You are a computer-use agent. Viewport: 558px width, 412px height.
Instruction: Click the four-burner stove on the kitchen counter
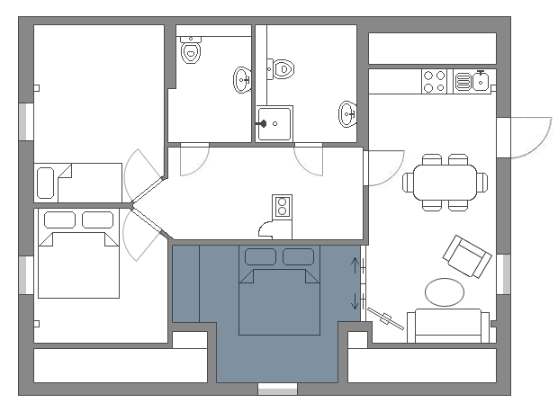[435, 82]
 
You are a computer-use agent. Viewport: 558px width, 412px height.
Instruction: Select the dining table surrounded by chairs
[445, 183]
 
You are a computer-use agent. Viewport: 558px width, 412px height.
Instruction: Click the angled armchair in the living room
[465, 256]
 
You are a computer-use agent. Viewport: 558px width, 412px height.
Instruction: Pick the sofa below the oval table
[447, 325]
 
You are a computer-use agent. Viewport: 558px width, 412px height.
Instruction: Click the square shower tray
[274, 123]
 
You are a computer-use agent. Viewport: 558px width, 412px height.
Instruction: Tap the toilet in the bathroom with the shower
[281, 67]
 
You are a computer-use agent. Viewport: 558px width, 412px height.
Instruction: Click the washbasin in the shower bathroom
[347, 113]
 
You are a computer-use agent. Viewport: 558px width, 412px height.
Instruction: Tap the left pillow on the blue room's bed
[260, 257]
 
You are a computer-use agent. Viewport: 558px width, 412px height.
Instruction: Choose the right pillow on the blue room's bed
[298, 257]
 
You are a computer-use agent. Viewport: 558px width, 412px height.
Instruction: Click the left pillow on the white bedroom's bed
[58, 219]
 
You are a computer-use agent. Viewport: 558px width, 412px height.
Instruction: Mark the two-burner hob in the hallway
[282, 207]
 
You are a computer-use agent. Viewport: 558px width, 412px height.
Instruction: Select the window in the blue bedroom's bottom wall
[277, 390]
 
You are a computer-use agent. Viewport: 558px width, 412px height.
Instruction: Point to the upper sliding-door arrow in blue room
[356, 266]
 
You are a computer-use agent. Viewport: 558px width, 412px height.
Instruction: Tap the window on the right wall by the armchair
[502, 273]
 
